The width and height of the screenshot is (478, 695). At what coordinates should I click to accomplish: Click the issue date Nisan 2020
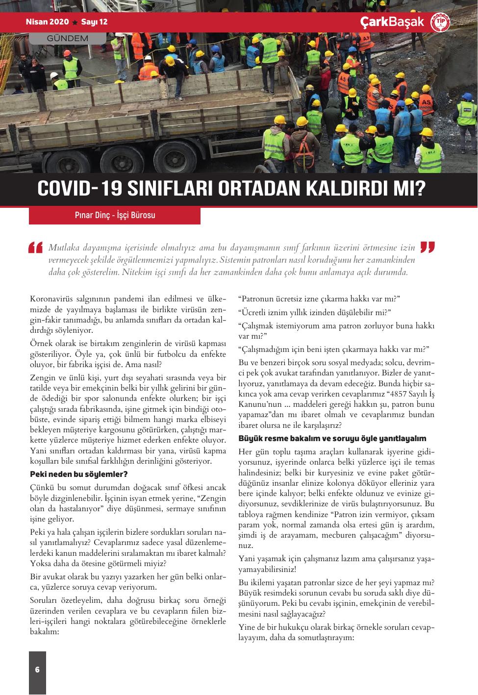[x=47, y=22]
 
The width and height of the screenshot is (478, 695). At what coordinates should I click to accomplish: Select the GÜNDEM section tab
[x=68, y=38]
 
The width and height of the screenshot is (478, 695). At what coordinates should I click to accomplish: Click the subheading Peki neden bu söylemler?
[x=79, y=474]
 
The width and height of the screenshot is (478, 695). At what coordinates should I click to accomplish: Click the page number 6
[x=37, y=670]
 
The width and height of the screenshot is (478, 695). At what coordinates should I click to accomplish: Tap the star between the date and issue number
[x=75, y=23]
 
